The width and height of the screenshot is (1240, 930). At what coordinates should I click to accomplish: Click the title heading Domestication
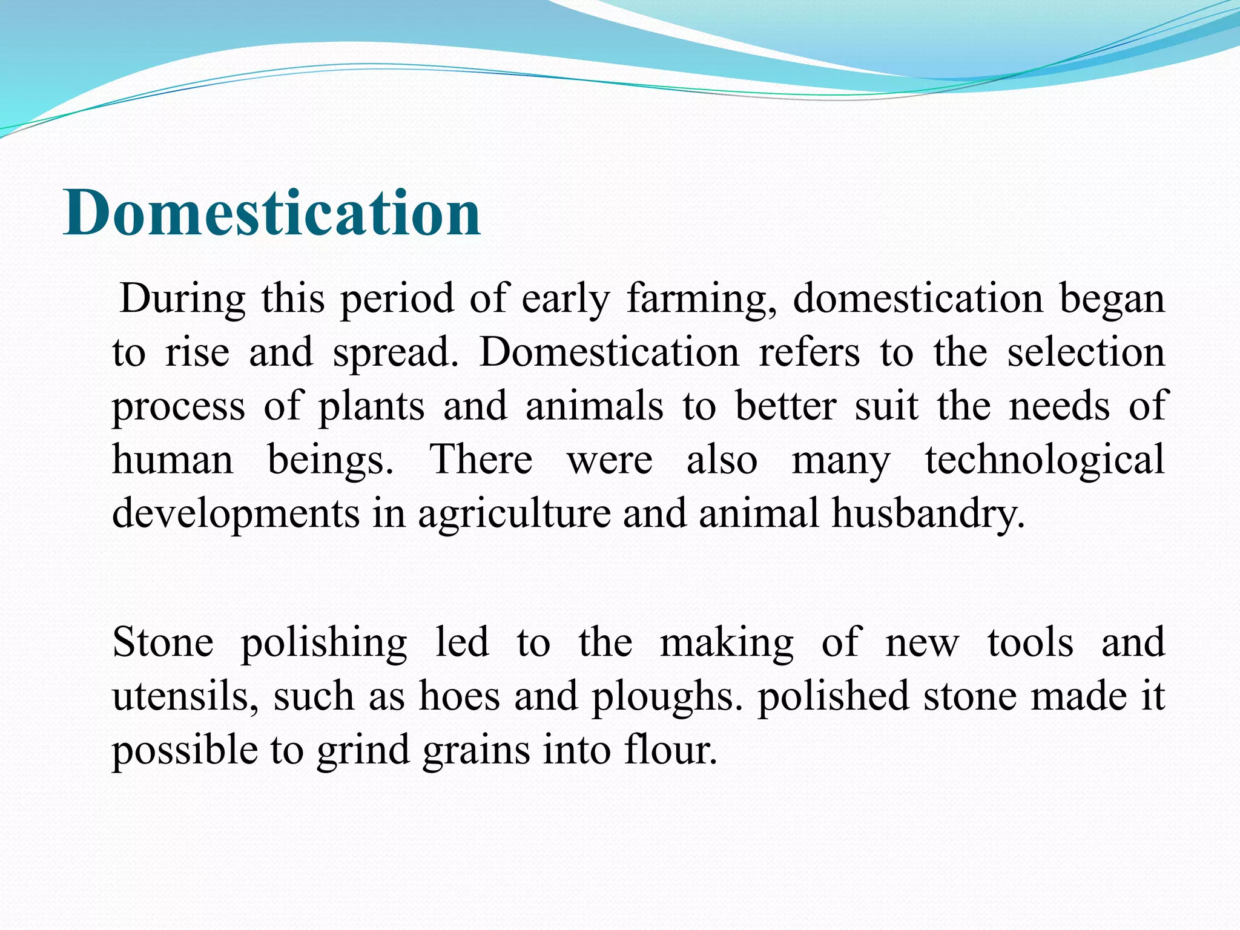(272, 213)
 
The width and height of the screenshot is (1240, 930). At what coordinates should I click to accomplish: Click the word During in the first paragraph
(183, 298)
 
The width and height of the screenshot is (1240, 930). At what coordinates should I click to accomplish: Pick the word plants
(372, 407)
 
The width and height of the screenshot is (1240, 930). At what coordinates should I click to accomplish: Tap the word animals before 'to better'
(595, 406)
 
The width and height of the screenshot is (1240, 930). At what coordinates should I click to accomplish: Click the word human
(173, 460)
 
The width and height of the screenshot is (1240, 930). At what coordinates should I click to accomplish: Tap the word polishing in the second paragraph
(324, 644)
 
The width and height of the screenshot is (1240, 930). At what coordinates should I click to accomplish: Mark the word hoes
(460, 696)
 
